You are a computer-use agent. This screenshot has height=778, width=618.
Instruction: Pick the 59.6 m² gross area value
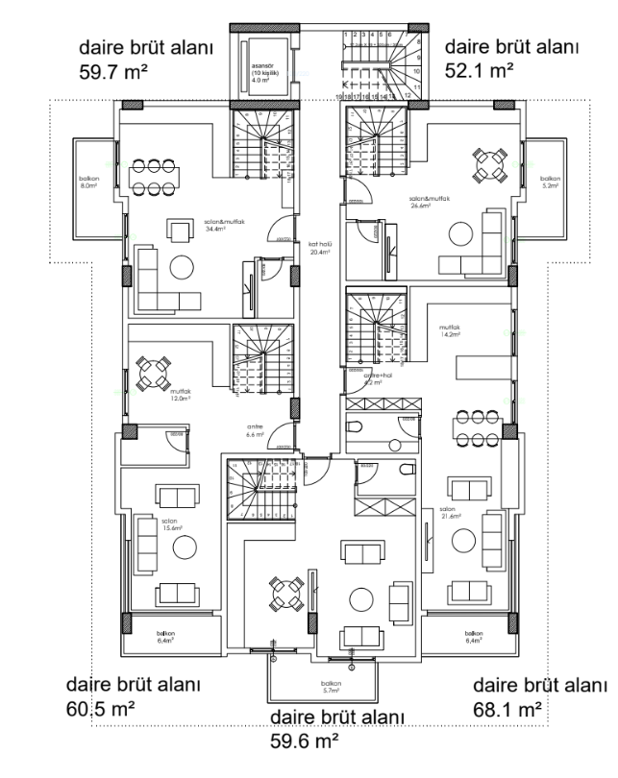click(x=307, y=741)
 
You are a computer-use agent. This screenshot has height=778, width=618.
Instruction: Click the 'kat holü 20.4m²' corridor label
click(x=319, y=247)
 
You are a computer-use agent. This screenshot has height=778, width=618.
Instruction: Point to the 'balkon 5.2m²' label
click(x=549, y=182)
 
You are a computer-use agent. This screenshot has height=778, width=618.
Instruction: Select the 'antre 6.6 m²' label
click(x=255, y=431)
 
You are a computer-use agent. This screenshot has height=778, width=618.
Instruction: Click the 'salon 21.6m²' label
click(x=448, y=513)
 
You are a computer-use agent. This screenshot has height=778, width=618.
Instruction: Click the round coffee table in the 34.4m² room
click(x=181, y=266)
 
